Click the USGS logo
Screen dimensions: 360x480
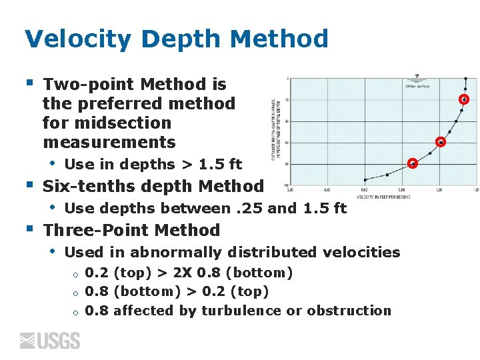[50, 341]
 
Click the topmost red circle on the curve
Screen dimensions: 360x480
[464, 99]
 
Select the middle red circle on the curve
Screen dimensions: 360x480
[441, 142]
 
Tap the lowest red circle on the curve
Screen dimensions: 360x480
[413, 163]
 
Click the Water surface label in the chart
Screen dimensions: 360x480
[418, 85]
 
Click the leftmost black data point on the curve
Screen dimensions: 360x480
[365, 180]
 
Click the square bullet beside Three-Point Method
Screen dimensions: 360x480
[29, 229]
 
